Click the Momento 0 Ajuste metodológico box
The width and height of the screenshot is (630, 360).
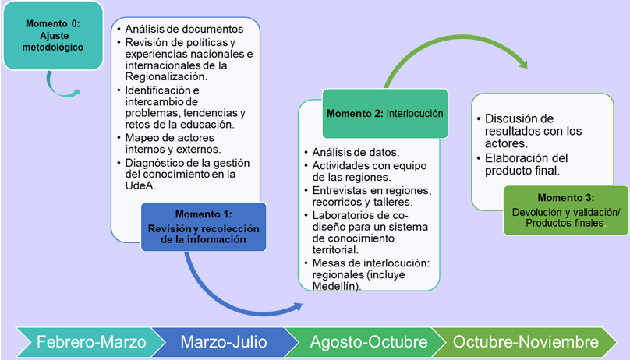click(53, 35)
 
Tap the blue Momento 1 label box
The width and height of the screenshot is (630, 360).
click(204, 227)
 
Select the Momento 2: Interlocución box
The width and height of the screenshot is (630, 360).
click(385, 114)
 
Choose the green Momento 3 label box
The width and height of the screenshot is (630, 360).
click(566, 210)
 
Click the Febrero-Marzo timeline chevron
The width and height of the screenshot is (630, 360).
click(90, 342)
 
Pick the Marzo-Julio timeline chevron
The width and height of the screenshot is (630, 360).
click(224, 342)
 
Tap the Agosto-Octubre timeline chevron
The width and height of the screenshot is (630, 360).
click(368, 342)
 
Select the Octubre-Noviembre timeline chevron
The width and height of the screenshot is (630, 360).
click(524, 342)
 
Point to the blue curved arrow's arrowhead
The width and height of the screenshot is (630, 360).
click(298, 306)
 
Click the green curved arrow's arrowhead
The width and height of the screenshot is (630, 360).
click(522, 63)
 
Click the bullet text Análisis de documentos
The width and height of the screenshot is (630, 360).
click(184, 29)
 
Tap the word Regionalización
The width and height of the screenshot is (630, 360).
click(166, 76)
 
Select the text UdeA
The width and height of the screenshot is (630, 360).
click(140, 185)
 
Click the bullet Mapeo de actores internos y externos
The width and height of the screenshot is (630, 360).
click(173, 143)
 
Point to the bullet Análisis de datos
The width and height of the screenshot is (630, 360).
click(356, 152)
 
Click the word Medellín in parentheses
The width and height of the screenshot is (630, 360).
click(335, 286)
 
